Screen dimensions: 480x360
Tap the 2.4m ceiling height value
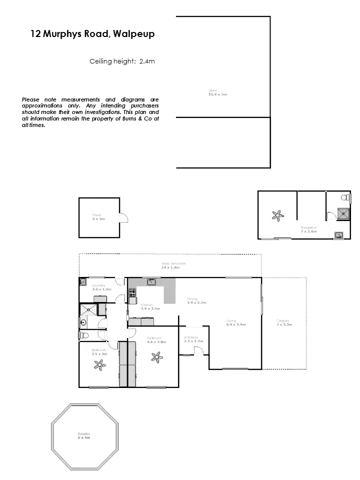pyautogui.click(x=147, y=61)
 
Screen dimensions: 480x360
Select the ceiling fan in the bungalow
pyautogui.click(x=276, y=216)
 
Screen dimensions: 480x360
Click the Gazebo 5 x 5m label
pyautogui.click(x=83, y=435)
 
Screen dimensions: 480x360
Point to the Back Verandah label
pyautogui.click(x=173, y=265)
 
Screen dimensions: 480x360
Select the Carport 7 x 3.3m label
pyautogui.click(x=283, y=323)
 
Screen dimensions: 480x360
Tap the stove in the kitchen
pyautogui.click(x=132, y=291)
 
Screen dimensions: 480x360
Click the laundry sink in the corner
pyautogui.click(x=83, y=282)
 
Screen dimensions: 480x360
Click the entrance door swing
pyautogui.click(x=198, y=351)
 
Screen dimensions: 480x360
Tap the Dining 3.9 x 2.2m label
pyautogui.click(x=196, y=301)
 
